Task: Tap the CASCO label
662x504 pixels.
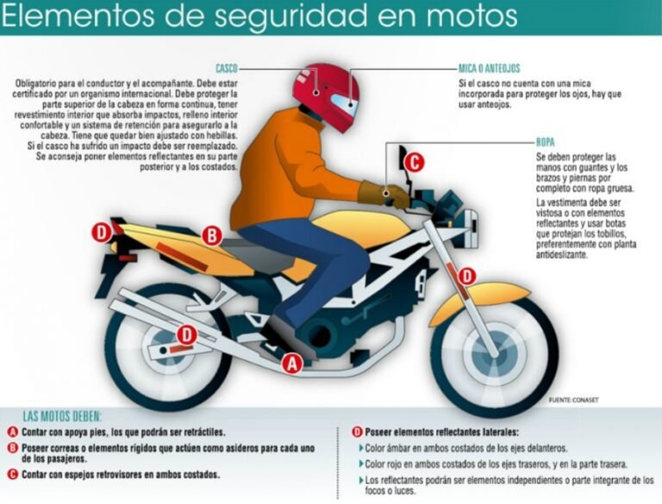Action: tap(227, 67)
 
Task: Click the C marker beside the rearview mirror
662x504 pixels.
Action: tap(414, 161)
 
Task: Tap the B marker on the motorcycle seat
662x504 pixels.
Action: tap(212, 234)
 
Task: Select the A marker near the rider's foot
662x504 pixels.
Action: tap(293, 364)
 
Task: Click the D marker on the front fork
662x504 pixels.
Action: tap(466, 277)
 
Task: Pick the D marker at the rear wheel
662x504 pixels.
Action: tap(186, 334)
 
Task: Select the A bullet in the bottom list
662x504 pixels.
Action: tap(12, 431)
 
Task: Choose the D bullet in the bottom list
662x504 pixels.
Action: tap(357, 431)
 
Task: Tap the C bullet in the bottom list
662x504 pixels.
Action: tap(12, 475)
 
